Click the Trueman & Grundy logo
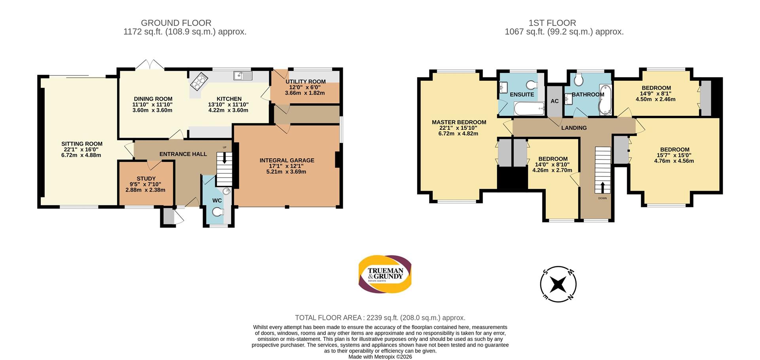[385, 274]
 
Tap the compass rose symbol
[558, 284]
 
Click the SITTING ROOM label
[82, 144]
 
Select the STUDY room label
[146, 178]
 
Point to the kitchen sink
[243, 75]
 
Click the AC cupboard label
[555, 101]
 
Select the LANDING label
[574, 128]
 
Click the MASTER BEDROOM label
[459, 122]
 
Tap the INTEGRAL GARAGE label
[287, 160]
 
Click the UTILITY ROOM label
[306, 81]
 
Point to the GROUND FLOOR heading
[176, 23]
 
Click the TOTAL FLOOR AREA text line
[380, 318]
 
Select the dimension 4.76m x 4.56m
[674, 161]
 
